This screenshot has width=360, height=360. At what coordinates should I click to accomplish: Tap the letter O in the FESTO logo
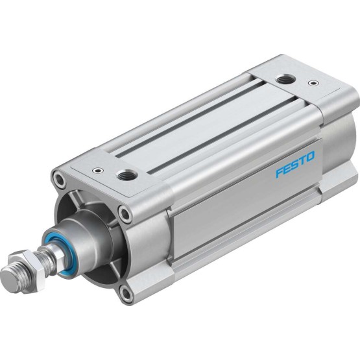[309, 157]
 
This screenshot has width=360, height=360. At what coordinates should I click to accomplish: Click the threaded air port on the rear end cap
[283, 80]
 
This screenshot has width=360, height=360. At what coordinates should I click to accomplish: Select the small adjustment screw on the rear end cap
[313, 82]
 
